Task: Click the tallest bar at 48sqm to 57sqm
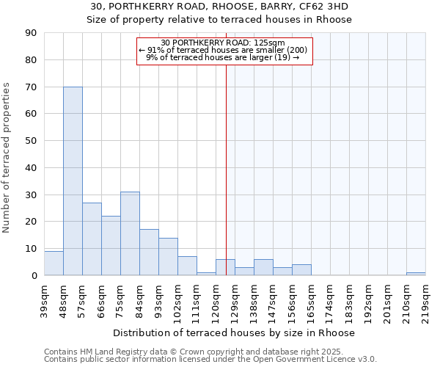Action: point(73,181)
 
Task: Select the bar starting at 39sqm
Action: point(54,263)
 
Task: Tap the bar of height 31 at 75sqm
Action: point(130,233)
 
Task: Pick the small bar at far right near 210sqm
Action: point(416,274)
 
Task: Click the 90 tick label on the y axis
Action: point(31,33)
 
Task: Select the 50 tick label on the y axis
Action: point(31,141)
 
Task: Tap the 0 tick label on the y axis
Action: point(34,275)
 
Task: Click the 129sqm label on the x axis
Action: point(235,301)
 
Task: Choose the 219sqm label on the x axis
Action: point(426,301)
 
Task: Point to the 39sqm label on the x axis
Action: point(45,301)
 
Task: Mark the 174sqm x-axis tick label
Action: point(331,301)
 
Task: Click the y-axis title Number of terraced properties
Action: point(8,158)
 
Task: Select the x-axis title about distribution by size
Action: point(234,333)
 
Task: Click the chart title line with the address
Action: point(220,7)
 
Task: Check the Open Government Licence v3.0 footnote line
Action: point(210,360)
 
